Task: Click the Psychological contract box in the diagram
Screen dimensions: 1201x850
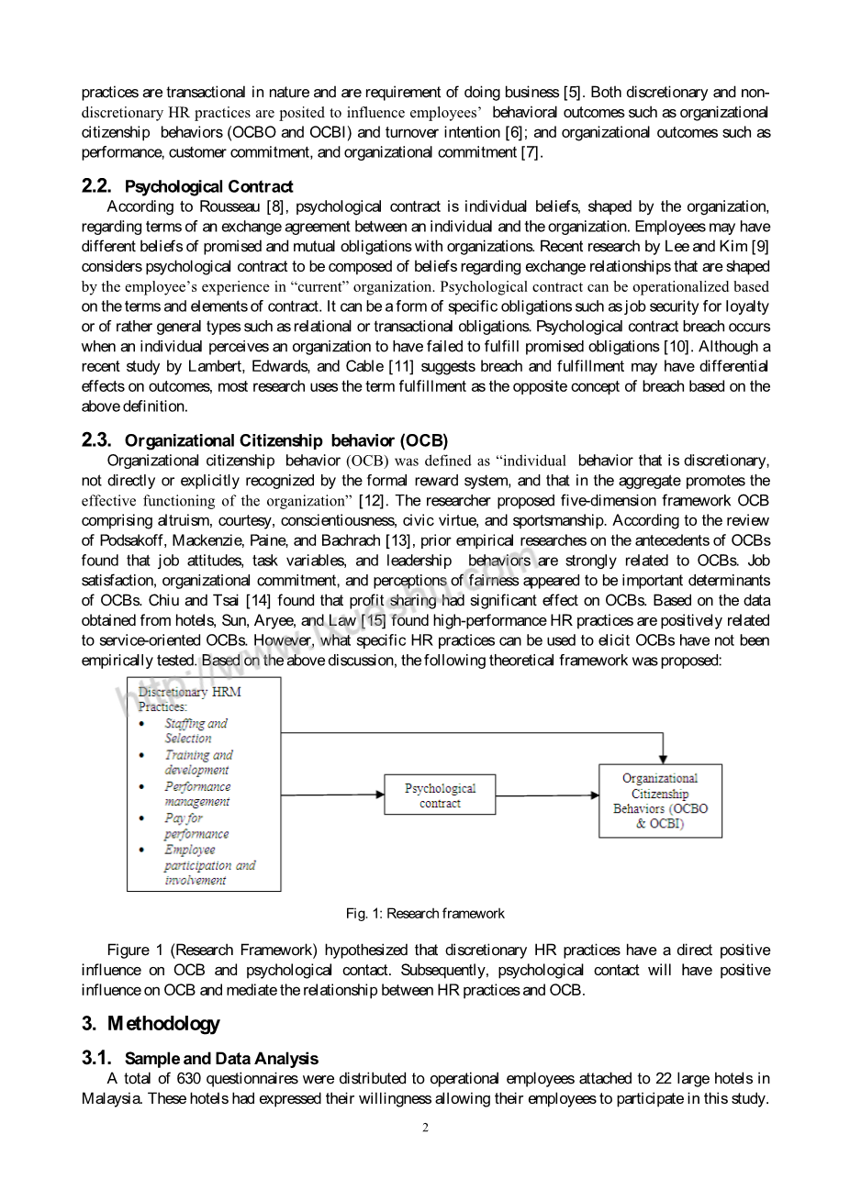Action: coord(440,795)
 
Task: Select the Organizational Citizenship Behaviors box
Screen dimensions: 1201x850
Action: coord(660,801)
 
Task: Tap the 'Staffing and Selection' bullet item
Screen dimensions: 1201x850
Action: coord(195,730)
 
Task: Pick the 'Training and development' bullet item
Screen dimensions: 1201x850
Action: coord(197,762)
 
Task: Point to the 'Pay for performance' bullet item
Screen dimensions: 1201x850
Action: coord(196,826)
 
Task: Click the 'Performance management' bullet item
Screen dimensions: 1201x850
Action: coord(197,794)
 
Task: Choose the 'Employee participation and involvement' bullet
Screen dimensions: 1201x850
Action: coord(208,865)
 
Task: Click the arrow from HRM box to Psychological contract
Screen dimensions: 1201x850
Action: coord(332,795)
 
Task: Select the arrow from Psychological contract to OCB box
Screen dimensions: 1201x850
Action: coord(547,795)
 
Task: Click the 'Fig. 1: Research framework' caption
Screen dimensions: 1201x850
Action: coord(425,914)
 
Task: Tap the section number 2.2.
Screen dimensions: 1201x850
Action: coord(96,186)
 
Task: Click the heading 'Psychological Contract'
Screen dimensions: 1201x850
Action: coord(208,187)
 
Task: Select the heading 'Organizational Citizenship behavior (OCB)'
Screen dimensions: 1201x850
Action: coord(286,441)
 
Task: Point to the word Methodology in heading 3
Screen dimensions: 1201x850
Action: coord(163,1024)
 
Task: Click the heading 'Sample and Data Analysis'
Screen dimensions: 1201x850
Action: coord(221,1059)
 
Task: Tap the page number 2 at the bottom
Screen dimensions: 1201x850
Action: coord(425,1128)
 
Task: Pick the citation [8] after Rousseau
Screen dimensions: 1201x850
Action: coord(275,207)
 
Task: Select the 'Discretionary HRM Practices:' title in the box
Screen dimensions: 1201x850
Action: coord(189,699)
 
